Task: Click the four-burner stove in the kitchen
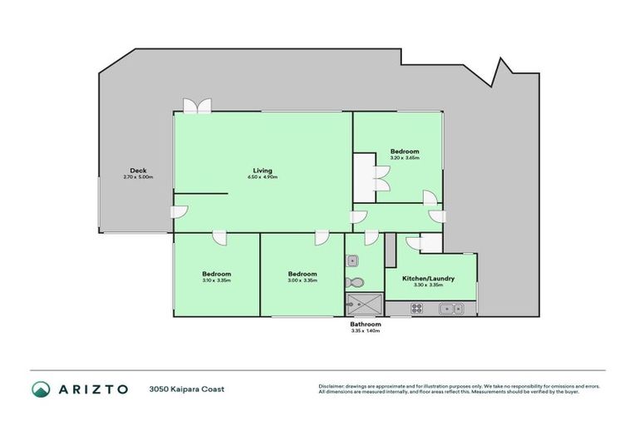click(x=416, y=309)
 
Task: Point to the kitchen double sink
click(x=452, y=309)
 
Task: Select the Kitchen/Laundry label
click(x=428, y=278)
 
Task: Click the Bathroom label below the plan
click(x=366, y=324)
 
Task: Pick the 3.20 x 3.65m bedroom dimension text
click(x=405, y=157)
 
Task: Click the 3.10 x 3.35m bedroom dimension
click(x=216, y=280)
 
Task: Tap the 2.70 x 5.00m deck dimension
click(x=137, y=177)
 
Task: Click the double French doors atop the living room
click(x=198, y=106)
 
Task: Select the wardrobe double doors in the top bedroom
click(x=382, y=178)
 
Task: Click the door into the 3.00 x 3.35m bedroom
click(x=320, y=239)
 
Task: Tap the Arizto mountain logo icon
click(x=41, y=389)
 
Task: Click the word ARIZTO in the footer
click(x=93, y=389)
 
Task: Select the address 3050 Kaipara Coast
click(x=187, y=389)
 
